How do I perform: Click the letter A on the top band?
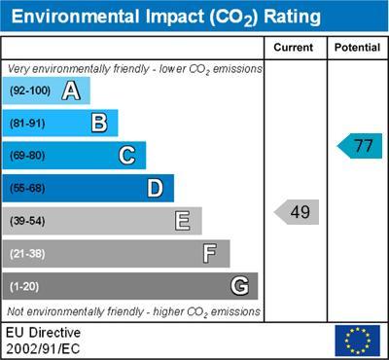pos(71,91)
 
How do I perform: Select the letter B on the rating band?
pos(99,123)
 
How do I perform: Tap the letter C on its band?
pos(127,156)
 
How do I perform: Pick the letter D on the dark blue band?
pos(155,188)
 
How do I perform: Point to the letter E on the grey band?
pos(183,221)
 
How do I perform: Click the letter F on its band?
pos(210,254)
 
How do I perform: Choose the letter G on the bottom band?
pos(239,286)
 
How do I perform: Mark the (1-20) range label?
pos(25,287)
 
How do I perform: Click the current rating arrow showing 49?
pos(297,211)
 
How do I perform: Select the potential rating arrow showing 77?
pos(360,146)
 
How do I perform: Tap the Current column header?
pos(295,47)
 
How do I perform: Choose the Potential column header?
pos(357,47)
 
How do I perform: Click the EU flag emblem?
pos(357,340)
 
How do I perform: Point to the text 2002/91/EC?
pos(43,347)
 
